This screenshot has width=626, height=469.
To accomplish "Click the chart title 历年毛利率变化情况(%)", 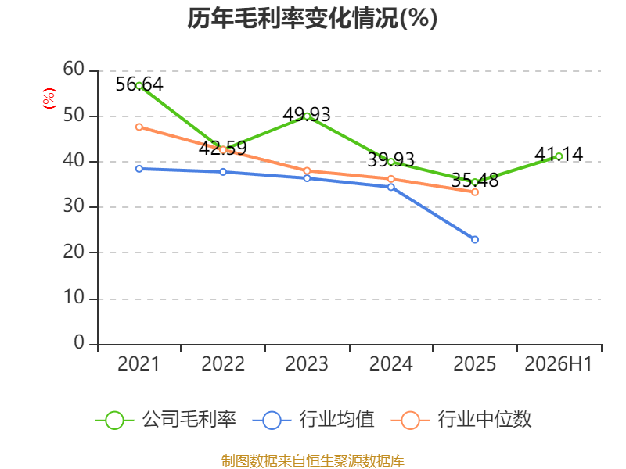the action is click(x=312, y=18).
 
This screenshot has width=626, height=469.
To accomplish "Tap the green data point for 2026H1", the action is click(x=559, y=157).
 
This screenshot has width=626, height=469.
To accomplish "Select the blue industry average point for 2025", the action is click(x=475, y=240).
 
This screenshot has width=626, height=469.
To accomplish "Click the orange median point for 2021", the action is click(x=139, y=127).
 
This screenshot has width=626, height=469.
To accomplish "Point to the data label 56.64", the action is click(x=139, y=84).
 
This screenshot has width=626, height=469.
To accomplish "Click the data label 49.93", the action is click(x=307, y=115).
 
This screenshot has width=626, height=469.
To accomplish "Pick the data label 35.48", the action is click(x=475, y=181).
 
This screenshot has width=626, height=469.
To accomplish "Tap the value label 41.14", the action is click(x=559, y=154).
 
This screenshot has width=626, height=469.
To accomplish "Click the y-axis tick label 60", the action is click(x=74, y=69).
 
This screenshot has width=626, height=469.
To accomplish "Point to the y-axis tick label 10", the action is click(x=74, y=298).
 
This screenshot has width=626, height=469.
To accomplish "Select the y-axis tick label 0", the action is click(x=79, y=342).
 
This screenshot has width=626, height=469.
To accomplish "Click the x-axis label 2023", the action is click(x=307, y=363).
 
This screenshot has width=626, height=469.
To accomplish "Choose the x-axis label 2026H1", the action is click(x=558, y=363).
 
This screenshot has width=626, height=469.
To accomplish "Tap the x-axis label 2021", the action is click(x=139, y=363).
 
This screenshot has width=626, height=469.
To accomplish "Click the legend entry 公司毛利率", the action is click(x=166, y=420).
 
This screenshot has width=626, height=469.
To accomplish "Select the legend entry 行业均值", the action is click(x=314, y=420).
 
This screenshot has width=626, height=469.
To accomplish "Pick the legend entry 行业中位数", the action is click(x=462, y=420).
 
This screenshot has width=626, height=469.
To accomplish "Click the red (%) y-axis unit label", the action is click(x=49, y=98).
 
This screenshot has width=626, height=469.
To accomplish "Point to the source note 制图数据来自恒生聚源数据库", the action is click(x=312, y=460).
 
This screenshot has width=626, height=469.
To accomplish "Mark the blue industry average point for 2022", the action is click(x=223, y=172).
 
